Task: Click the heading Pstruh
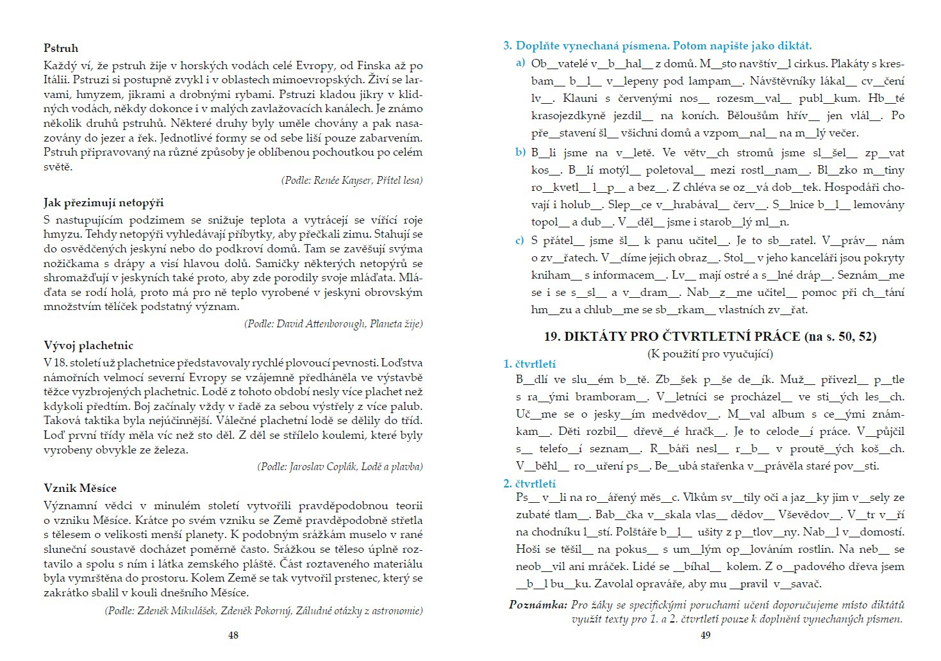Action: pyautogui.click(x=61, y=48)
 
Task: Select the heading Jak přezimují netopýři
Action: pyautogui.click(x=104, y=203)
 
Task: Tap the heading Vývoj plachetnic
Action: pyautogui.click(x=88, y=346)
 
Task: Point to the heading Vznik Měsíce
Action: pyautogui.click(x=80, y=488)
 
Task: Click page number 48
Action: pyautogui.click(x=233, y=635)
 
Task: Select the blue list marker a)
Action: pyautogui.click(x=520, y=63)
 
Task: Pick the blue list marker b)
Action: pyautogui.click(x=520, y=152)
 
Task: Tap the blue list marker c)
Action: pyautogui.click(x=520, y=241)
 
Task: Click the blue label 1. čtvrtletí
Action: pyautogui.click(x=529, y=364)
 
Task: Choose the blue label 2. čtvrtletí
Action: pyautogui.click(x=529, y=484)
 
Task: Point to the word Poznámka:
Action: pyautogui.click(x=538, y=605)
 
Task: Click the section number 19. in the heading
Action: pyautogui.click(x=553, y=336)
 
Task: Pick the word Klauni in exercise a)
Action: pyautogui.click(x=580, y=98)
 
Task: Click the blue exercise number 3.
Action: pyautogui.click(x=507, y=46)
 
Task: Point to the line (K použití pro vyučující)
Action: pyautogui.click(x=710, y=354)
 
